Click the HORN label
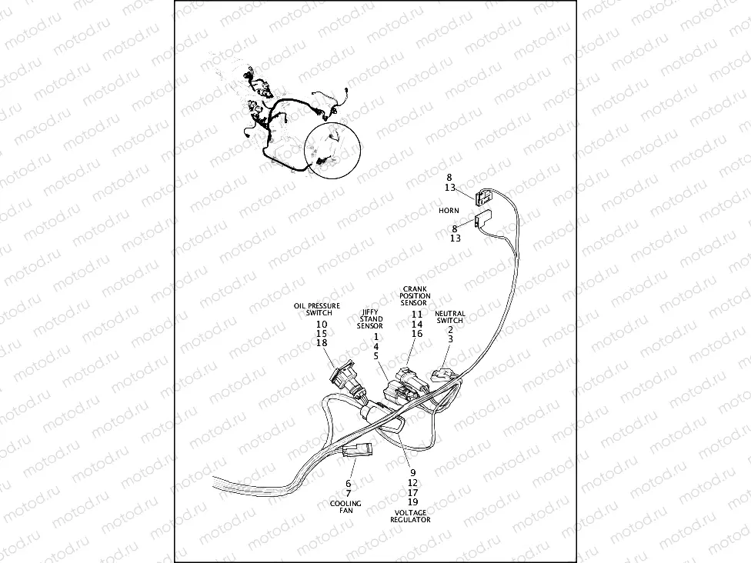449,210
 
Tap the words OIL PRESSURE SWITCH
317,309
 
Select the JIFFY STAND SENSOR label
370,319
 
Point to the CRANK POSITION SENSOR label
416,297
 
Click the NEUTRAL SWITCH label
450,317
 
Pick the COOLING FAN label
345,507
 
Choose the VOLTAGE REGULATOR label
410,516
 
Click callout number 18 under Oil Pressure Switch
322,343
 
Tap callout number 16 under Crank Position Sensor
416,334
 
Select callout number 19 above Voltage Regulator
412,501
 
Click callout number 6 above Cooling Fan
348,483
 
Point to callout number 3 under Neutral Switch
450,339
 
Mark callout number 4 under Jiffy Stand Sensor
375,346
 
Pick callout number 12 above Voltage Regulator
412,482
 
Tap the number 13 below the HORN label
455,238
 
